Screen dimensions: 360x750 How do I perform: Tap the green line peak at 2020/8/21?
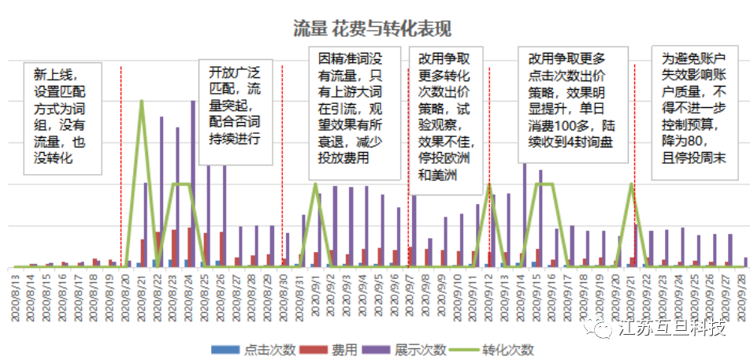tap(142, 101)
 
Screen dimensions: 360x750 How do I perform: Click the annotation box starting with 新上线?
tap(63, 117)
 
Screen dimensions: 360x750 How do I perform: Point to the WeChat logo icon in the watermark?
tap(604, 328)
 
